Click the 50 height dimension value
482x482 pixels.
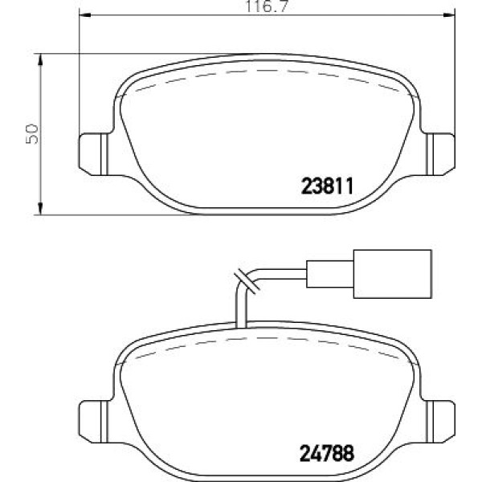(32, 133)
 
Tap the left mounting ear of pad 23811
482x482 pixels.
(92, 150)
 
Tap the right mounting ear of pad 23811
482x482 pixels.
(439, 150)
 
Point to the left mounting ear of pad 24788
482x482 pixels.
(92, 417)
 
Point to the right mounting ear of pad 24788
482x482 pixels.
(439, 417)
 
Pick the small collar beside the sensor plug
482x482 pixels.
(318, 272)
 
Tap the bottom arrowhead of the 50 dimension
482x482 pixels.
(41, 210)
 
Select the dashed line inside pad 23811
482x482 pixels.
(265, 71)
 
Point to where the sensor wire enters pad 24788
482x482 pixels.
(237, 323)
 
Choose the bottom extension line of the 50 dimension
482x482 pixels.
(120, 214)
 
